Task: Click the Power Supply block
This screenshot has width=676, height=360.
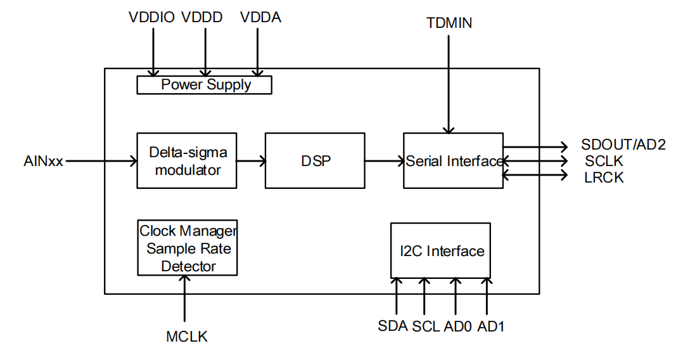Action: [204, 84]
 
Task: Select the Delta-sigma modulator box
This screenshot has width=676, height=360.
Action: [187, 160]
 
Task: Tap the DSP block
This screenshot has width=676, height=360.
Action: [315, 160]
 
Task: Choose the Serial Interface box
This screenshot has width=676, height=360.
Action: [453, 160]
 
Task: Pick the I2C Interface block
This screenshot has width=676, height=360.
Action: [441, 251]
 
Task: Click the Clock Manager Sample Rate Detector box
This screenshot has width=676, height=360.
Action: [187, 248]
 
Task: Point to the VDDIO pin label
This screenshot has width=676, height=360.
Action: [151, 18]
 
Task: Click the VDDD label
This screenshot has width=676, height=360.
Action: [202, 18]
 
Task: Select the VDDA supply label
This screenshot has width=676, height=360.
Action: [260, 18]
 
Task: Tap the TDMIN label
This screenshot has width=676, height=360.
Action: [449, 23]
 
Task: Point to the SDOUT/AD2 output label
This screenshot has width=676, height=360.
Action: [623, 145]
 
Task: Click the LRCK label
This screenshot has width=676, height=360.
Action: [604, 177]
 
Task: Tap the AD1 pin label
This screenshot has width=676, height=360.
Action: [491, 326]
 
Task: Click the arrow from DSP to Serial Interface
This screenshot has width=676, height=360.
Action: [384, 160]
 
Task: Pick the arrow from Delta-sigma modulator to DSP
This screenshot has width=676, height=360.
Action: [251, 160]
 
